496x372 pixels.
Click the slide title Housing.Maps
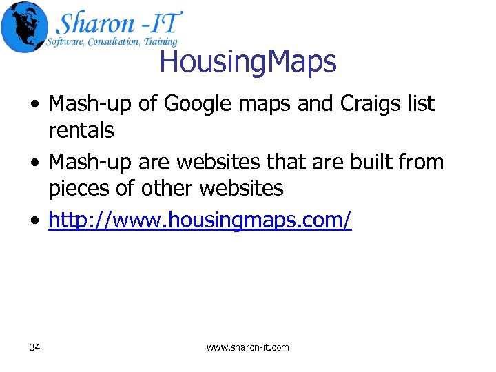coord(248,62)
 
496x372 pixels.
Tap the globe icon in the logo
coord(25,27)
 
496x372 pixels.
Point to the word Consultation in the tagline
coord(110,42)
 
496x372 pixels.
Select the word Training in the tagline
coord(160,42)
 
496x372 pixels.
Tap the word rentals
coord(81,130)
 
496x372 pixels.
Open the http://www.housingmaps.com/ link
coord(200,220)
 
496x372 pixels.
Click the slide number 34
coord(35,347)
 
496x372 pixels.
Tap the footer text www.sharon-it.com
coord(248,347)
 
